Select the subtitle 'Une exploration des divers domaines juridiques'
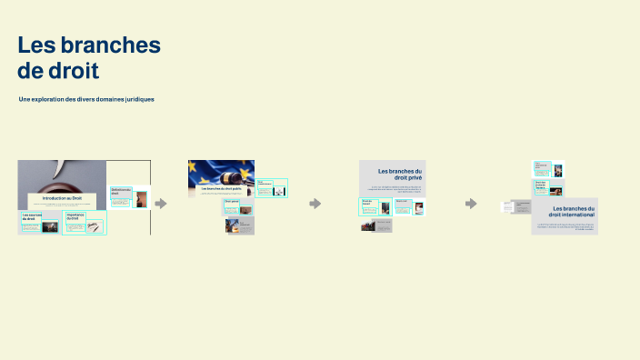coord(86,99)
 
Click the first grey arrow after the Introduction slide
coord(161,204)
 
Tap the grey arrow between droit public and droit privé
coord(315,204)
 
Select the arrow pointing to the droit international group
coord(471,204)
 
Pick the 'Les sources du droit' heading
coord(31,217)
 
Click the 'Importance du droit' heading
coord(75,217)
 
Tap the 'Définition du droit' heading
coord(121,192)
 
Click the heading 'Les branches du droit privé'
coord(400,174)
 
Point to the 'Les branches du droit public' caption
coord(221,188)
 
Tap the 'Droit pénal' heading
coord(232,201)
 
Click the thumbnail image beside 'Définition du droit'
coord(141,199)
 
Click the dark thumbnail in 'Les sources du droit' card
coord(50,226)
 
